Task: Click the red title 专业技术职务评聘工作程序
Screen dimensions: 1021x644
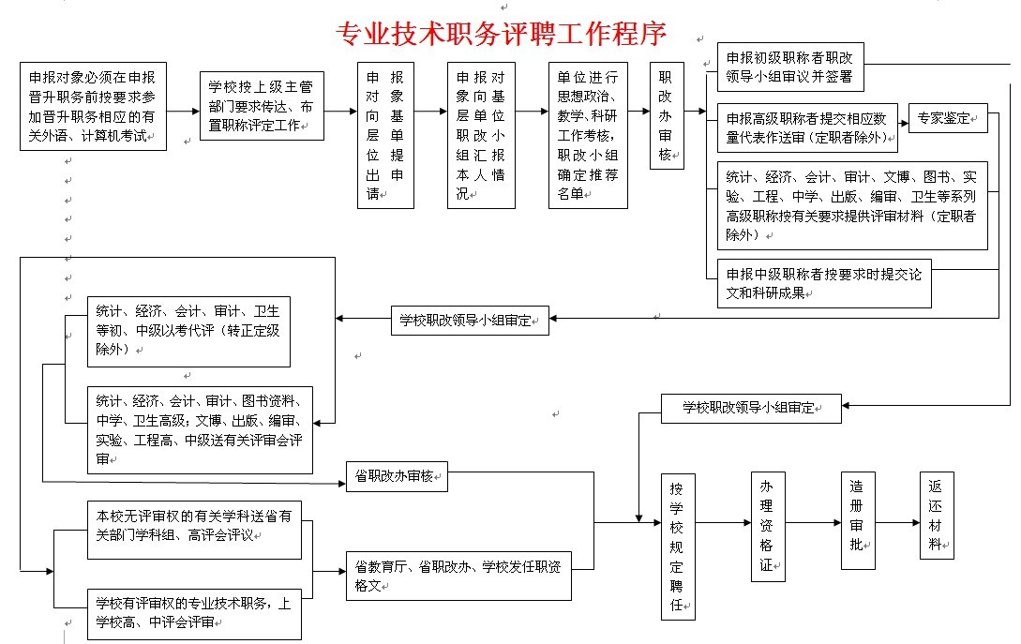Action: pos(502,34)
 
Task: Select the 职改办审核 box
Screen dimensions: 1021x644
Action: pos(667,116)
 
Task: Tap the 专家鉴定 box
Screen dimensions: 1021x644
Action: pos(948,118)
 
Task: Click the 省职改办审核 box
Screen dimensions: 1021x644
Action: pos(397,476)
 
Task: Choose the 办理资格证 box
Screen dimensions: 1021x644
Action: pos(768,526)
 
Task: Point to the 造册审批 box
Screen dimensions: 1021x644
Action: pos(858,521)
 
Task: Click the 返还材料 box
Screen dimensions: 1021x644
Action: pos(937,515)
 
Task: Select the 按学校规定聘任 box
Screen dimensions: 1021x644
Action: pos(678,547)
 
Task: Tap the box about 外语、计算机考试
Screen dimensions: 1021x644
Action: pos(93,107)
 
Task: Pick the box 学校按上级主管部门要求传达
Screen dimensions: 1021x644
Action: pos(262,106)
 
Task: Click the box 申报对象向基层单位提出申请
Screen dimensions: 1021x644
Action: pos(385,135)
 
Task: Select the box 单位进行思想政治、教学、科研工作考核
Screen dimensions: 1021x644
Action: pos(588,135)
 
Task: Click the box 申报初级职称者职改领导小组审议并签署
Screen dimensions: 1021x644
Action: pos(790,67)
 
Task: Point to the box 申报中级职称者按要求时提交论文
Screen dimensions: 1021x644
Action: pos(824,284)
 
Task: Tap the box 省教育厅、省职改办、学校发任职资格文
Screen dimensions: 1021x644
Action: pos(458,577)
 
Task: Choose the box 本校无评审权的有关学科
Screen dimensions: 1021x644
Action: pos(195,530)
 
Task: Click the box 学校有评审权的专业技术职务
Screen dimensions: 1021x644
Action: pos(195,613)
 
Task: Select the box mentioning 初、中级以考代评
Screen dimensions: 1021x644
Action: pos(188,332)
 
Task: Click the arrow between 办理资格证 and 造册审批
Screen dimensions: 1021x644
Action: pos(813,522)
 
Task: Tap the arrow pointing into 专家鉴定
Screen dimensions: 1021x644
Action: pos(903,123)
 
